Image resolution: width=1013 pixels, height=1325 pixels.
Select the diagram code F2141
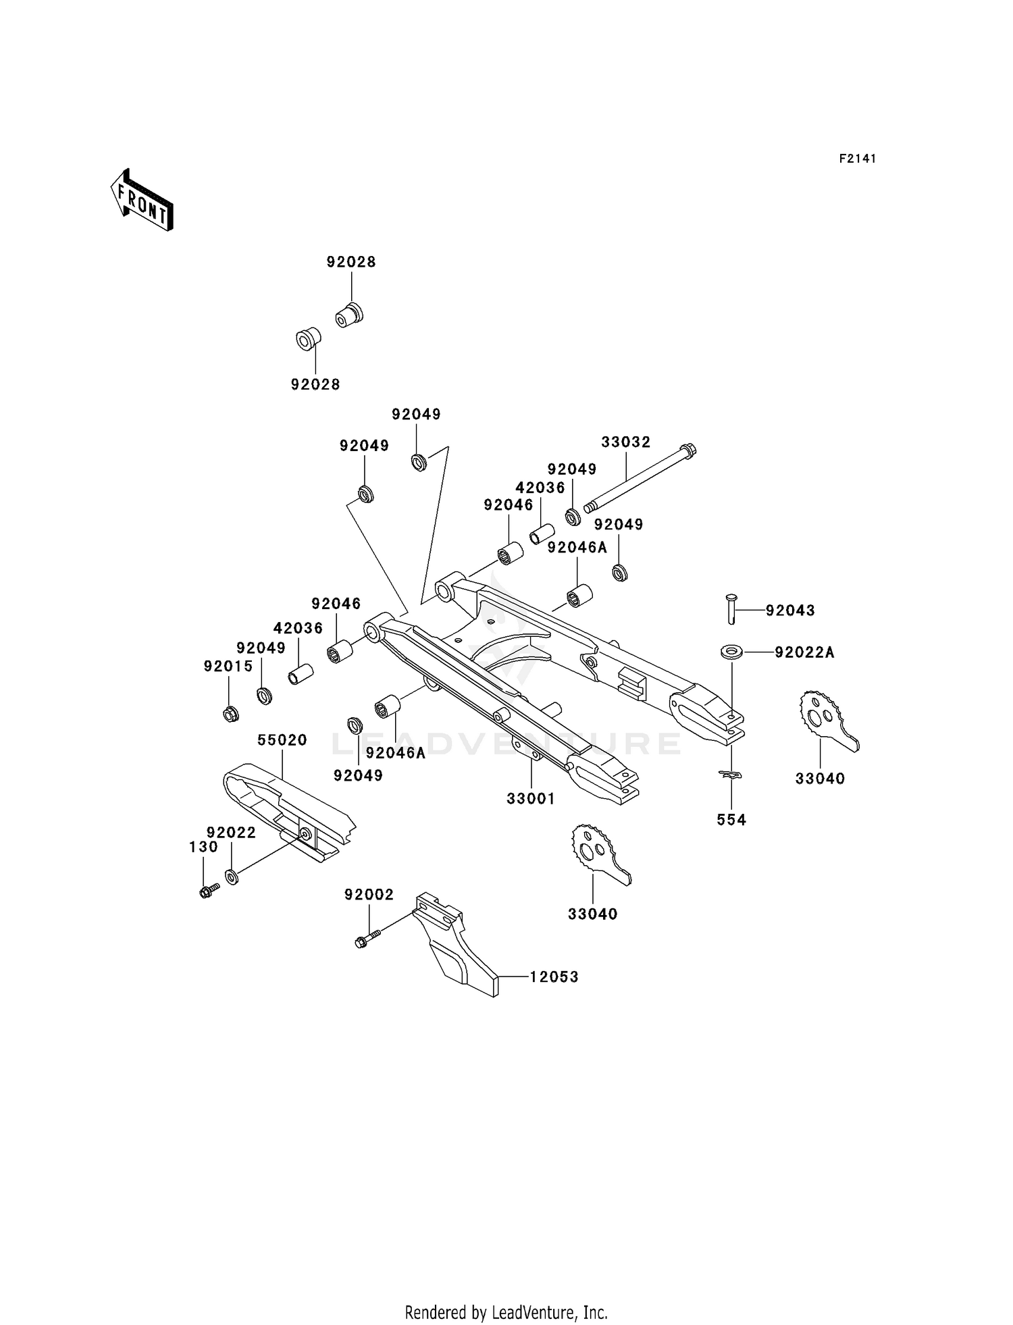click(x=858, y=159)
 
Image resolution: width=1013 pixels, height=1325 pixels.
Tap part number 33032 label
click(x=626, y=442)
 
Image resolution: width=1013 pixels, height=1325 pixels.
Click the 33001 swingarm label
click(x=531, y=799)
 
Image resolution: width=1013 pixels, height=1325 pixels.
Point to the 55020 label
click(x=282, y=740)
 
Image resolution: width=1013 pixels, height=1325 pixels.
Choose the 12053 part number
click(x=554, y=977)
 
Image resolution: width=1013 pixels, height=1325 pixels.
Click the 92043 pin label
click(x=790, y=610)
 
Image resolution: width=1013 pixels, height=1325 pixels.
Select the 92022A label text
click(x=805, y=652)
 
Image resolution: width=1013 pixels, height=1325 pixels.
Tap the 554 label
click(x=731, y=820)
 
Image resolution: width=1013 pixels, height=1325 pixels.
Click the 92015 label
click(x=228, y=667)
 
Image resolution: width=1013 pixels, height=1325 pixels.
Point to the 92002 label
click(x=369, y=895)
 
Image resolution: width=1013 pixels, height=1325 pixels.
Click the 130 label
click(x=203, y=847)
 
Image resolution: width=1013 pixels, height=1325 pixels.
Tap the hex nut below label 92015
click(x=230, y=712)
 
